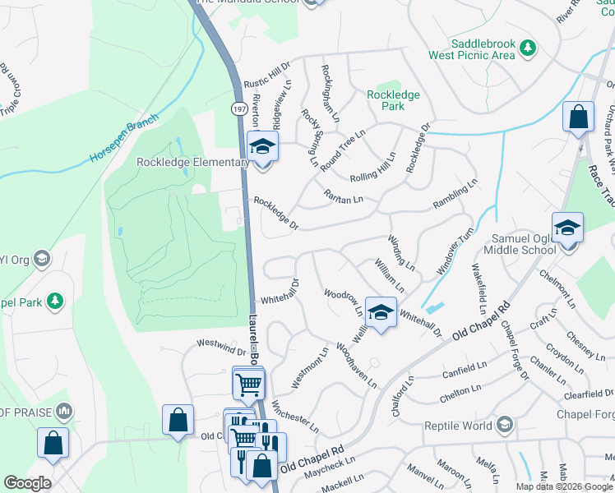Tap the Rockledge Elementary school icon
click(x=263, y=148)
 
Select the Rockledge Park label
click(x=393, y=100)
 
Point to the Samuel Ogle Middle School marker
click(x=567, y=228)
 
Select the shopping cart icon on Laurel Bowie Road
click(x=248, y=383)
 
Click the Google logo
click(x=27, y=483)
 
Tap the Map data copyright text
click(x=564, y=486)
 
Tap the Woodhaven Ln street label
click(x=356, y=366)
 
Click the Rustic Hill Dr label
click(x=267, y=73)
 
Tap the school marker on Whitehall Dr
click(x=380, y=312)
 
